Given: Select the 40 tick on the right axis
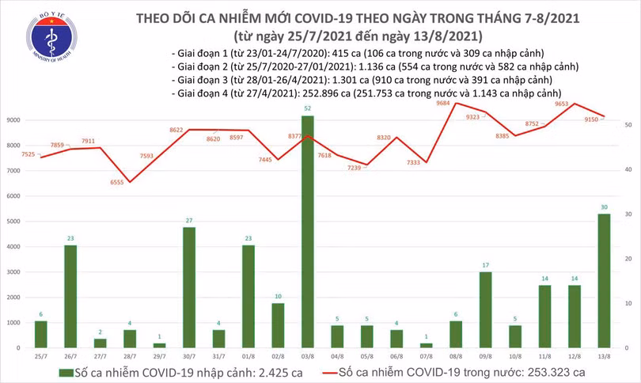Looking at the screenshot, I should click(x=627, y=170).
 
